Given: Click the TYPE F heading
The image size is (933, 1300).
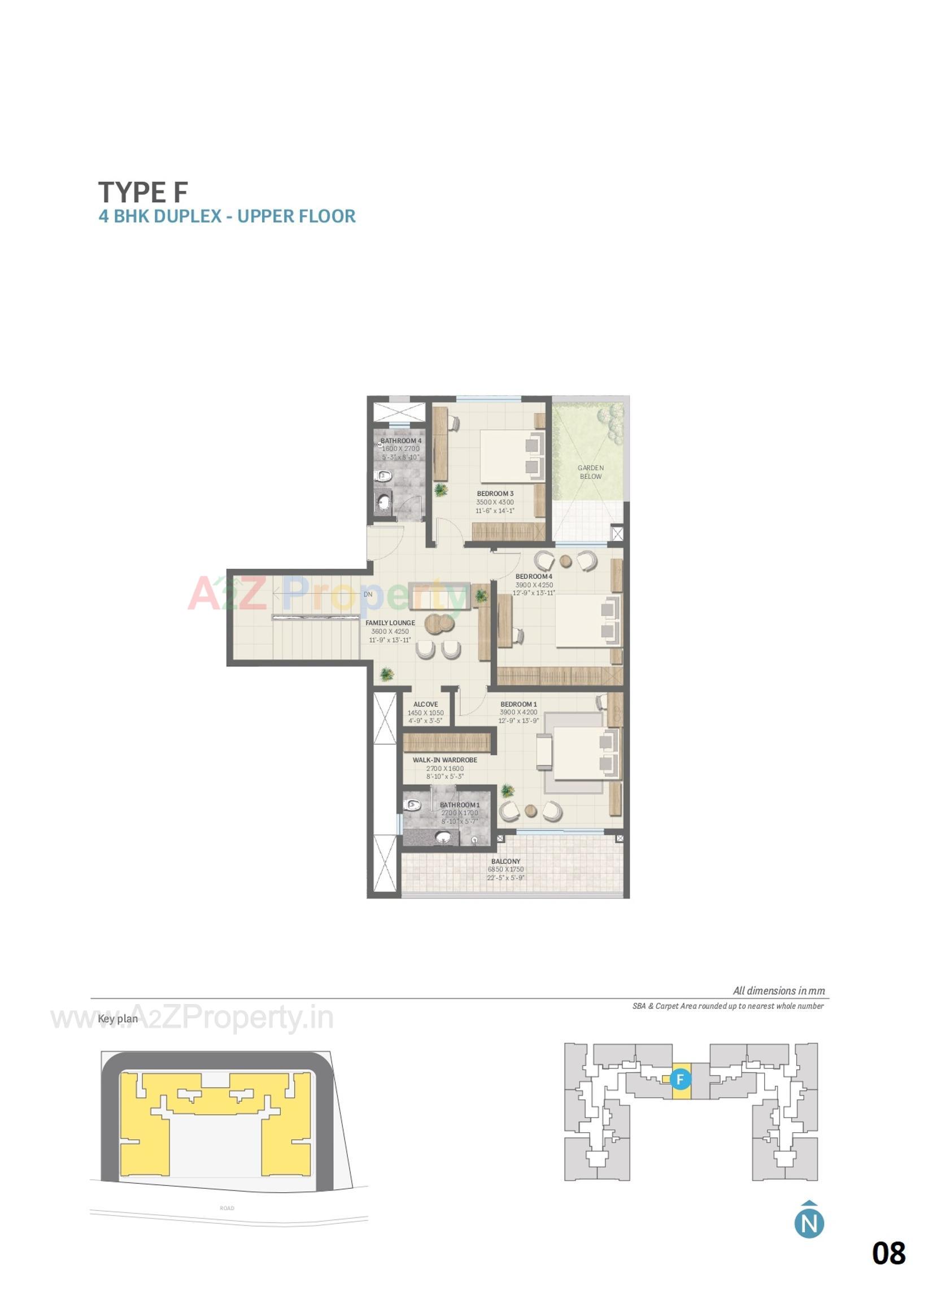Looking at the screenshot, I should click(x=143, y=193).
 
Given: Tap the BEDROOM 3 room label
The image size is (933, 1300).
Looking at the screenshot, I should click(x=495, y=494).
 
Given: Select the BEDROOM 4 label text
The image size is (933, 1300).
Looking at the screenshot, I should click(x=534, y=577).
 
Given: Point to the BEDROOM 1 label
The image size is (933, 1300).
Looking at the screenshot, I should click(x=518, y=704).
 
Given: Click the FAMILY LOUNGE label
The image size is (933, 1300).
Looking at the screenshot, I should click(x=390, y=623).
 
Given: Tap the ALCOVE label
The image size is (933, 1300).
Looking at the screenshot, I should click(x=425, y=704).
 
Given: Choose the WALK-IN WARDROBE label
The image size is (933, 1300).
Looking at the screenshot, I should click(x=444, y=760).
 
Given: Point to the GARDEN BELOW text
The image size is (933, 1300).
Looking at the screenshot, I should click(x=590, y=472).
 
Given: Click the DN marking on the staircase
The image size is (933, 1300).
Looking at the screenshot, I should click(x=368, y=595).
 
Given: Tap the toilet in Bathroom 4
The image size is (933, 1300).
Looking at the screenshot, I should click(x=383, y=475).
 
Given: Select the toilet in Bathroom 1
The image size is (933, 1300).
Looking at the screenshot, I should click(x=411, y=805).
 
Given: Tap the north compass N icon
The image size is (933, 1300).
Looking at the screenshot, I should click(x=809, y=1223).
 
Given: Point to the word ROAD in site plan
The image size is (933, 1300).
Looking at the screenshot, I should click(x=227, y=1209).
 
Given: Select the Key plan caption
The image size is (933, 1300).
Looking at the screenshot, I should click(x=117, y=1019).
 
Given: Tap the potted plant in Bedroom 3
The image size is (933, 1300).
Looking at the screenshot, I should click(x=441, y=490).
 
